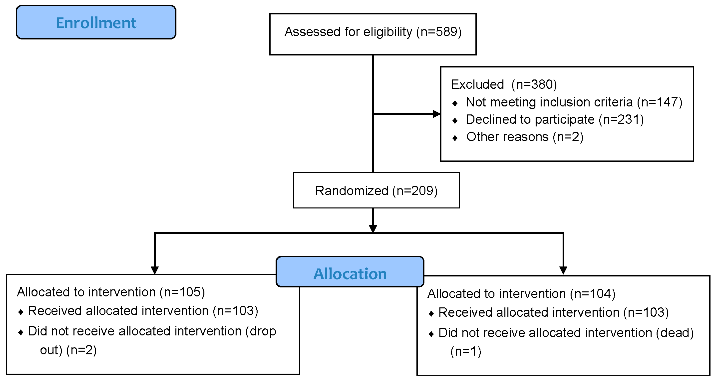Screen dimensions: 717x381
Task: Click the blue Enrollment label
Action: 96,22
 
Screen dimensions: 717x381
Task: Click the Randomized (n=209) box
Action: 376,190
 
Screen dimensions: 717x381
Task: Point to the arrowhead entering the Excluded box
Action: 436,114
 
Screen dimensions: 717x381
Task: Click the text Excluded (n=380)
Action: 504,84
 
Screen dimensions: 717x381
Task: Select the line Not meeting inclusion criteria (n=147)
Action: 574,102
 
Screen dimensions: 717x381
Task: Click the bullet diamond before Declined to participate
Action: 455,121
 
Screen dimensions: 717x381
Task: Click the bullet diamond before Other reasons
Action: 455,138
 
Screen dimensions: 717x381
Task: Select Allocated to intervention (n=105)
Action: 111,292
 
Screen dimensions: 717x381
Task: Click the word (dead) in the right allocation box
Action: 675,333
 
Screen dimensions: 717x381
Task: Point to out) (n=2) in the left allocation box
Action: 68,350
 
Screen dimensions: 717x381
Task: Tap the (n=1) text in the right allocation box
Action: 466,352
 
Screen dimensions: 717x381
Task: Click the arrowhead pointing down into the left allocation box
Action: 155,270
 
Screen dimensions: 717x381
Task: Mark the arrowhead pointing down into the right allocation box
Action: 563,270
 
